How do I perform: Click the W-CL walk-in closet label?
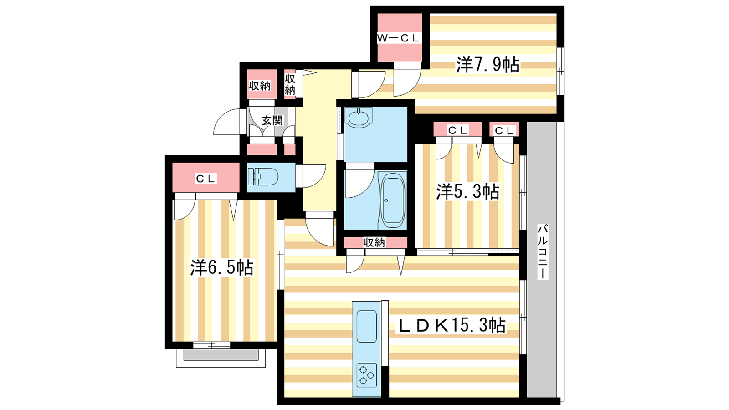399,38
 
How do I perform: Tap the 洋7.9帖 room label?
487,65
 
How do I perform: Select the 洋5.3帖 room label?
467,191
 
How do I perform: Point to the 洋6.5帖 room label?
221,267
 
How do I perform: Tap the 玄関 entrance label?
272,120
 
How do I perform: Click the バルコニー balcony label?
542,251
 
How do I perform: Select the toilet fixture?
263,177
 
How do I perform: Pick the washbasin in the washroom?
358,118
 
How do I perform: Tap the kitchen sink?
366,326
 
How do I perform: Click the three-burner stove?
366,375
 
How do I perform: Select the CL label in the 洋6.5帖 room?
205,178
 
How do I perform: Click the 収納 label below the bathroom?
374,242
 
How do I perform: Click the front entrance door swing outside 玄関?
227,122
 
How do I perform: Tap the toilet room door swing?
311,176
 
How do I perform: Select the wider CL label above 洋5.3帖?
457,130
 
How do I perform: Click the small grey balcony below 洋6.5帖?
221,355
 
